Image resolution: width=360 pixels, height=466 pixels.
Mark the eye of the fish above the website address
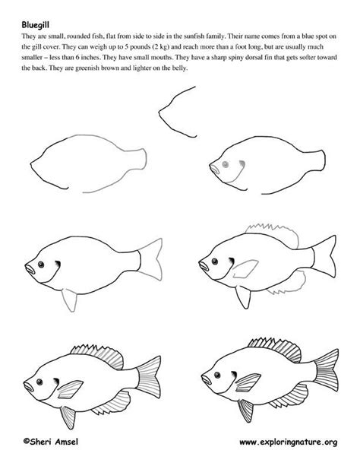(x=216, y=372)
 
